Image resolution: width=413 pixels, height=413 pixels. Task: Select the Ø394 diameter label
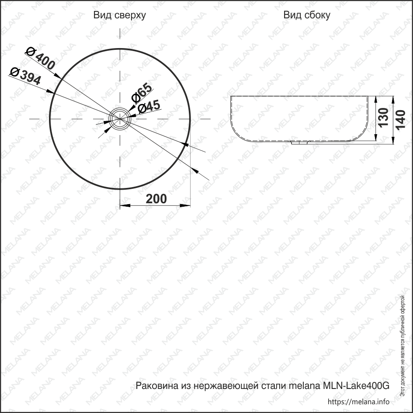tap(25, 76)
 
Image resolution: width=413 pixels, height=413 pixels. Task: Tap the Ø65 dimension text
tap(142, 93)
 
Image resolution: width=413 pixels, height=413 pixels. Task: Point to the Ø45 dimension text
tap(149, 107)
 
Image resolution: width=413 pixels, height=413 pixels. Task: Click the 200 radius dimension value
tap(156, 199)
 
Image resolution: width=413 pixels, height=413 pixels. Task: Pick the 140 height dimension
tap(400, 120)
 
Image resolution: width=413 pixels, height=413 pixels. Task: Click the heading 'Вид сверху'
tap(120, 15)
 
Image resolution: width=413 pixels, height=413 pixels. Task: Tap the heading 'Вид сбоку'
tap(307, 15)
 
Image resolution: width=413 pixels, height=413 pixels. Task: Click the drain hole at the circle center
tap(120, 119)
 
